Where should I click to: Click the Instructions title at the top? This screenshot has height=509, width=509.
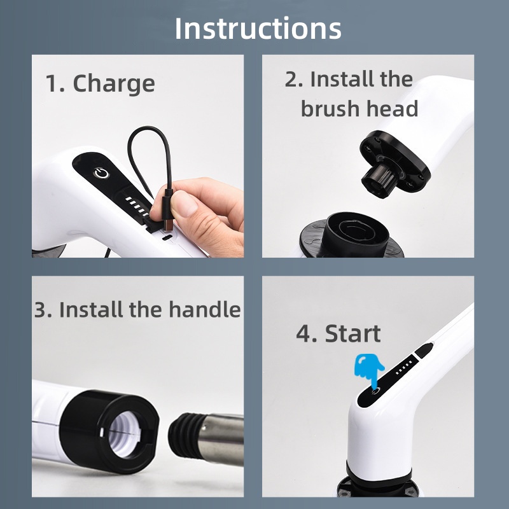pos(258,29)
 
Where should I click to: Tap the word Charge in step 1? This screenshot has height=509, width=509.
pos(114,83)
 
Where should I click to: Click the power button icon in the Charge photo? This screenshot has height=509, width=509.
pos(101,173)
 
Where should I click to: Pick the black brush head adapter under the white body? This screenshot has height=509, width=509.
pos(394,164)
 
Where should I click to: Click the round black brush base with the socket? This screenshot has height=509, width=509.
pos(352,235)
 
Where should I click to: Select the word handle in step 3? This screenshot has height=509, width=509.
pos(205,309)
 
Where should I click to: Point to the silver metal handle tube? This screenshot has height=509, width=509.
pos(221,439)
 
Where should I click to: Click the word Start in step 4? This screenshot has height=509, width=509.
pos(353,333)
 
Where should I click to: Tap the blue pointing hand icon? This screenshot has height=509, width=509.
pos(369,370)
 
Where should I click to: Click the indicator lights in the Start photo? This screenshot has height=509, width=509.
pos(405,368)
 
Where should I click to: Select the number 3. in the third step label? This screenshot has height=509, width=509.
pos(43,309)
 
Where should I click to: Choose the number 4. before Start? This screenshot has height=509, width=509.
pos(307,333)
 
